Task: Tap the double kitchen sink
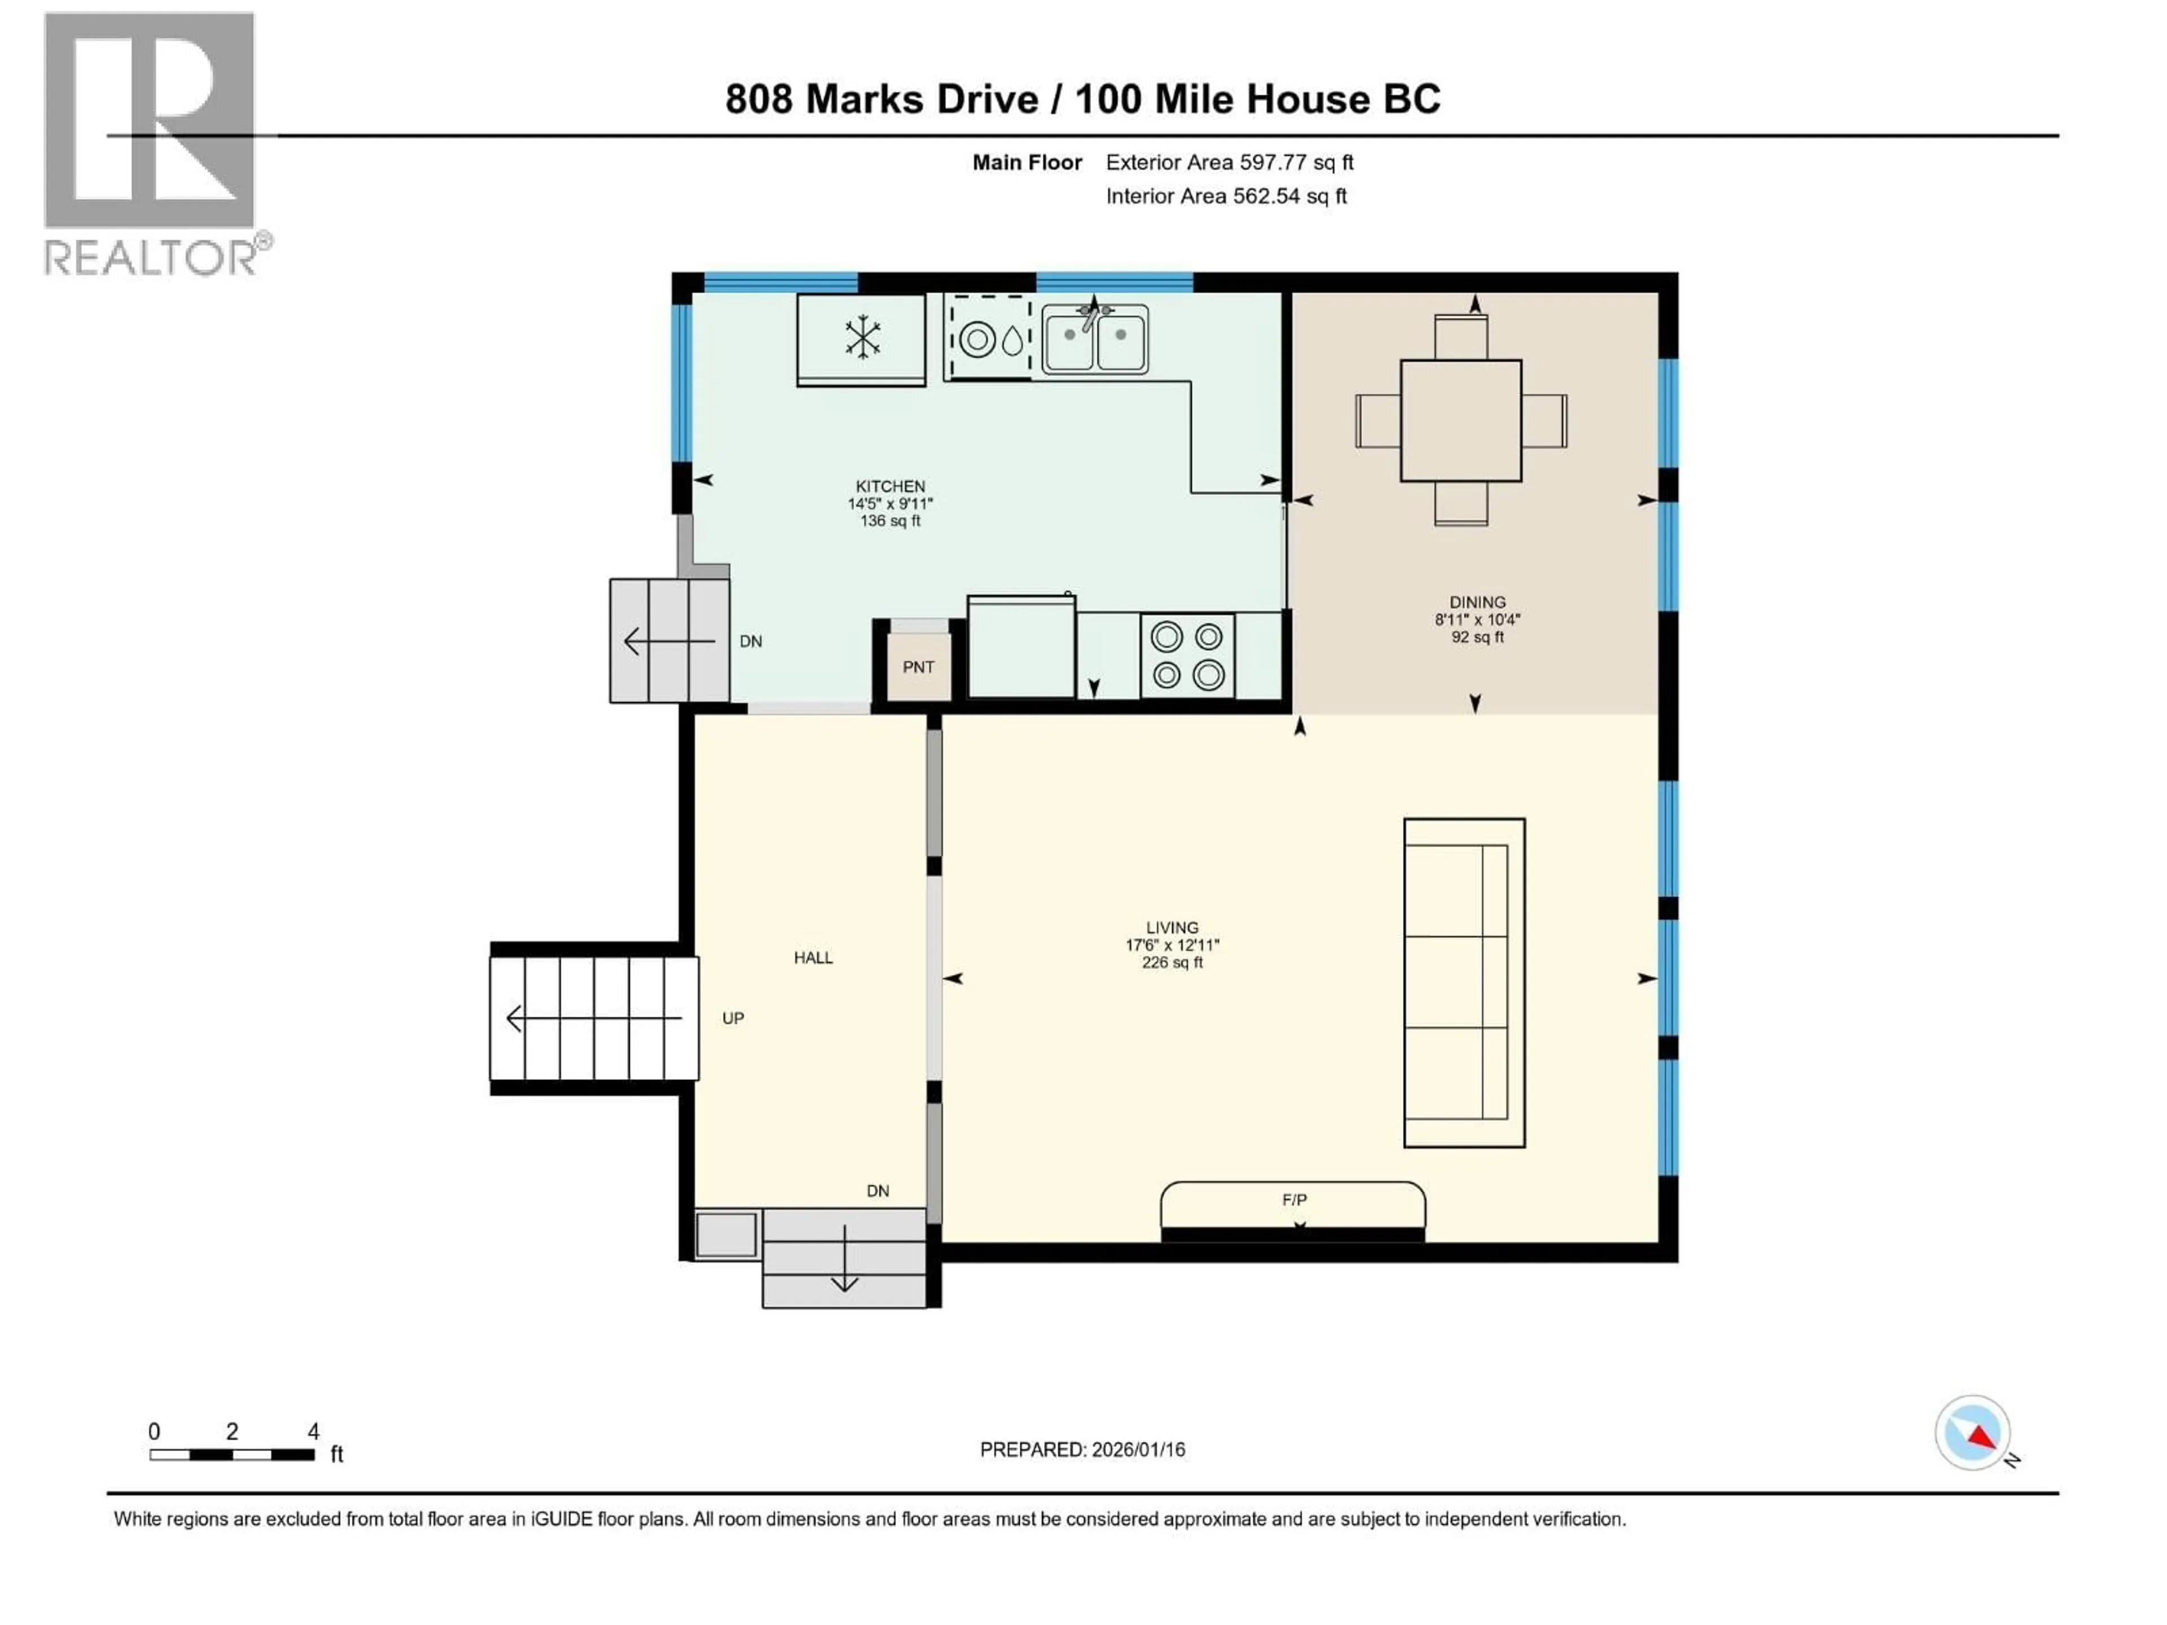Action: click(x=1094, y=339)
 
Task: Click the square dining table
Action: click(x=1460, y=421)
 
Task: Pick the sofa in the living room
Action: click(x=1464, y=982)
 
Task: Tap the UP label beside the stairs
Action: click(x=733, y=1018)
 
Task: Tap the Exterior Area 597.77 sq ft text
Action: click(x=1230, y=162)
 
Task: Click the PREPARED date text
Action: click(x=1082, y=1450)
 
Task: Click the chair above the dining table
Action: click(x=1460, y=336)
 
